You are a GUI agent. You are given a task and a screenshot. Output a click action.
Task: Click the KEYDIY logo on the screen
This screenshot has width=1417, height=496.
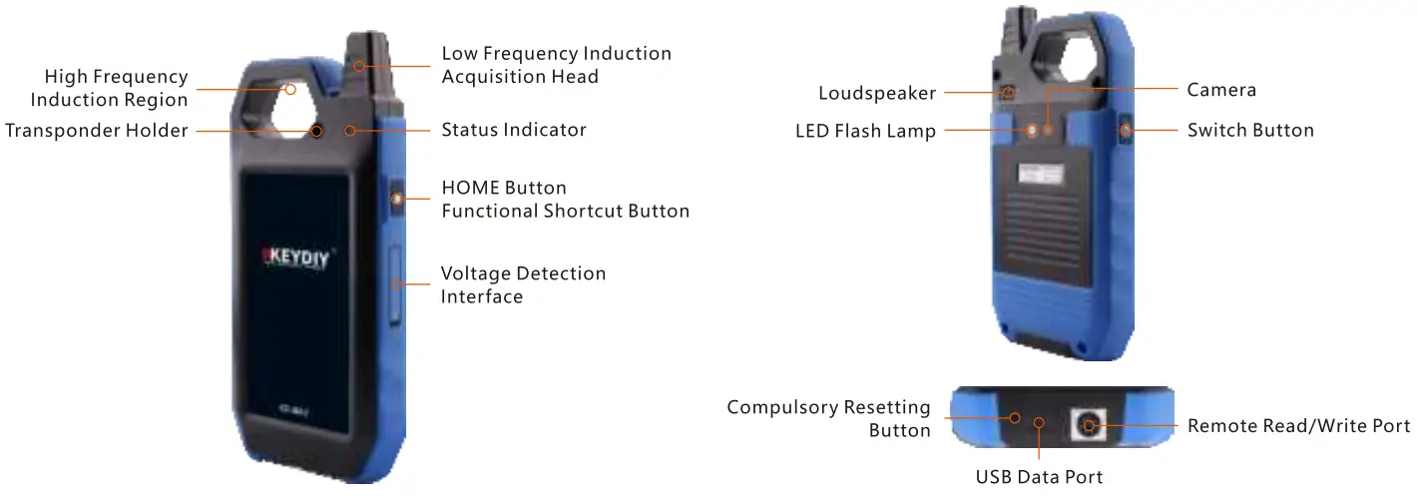click(x=296, y=254)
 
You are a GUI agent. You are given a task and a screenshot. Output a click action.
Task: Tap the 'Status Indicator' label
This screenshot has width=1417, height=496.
click(x=514, y=130)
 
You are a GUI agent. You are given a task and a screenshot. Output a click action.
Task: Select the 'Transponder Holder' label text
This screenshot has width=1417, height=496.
click(x=97, y=131)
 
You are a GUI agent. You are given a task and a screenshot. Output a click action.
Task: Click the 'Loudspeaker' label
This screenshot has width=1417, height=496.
click(x=877, y=93)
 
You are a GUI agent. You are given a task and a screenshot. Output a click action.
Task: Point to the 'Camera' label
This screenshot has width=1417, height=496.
click(x=1221, y=90)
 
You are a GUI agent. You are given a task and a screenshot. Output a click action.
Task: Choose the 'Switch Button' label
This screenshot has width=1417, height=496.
click(x=1250, y=130)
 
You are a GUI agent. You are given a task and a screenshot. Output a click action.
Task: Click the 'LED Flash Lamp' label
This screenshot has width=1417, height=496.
click(x=865, y=131)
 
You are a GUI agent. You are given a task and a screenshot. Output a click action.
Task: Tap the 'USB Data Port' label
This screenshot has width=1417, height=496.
click(x=1039, y=477)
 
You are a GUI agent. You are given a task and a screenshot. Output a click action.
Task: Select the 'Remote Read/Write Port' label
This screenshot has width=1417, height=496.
click(x=1298, y=426)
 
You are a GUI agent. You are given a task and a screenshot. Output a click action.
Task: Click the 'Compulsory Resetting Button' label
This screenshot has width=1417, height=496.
click(x=828, y=418)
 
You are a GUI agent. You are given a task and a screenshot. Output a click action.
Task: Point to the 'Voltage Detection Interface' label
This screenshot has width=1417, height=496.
click(x=523, y=284)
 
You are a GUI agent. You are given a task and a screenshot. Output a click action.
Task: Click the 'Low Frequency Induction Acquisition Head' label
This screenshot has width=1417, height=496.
click(x=556, y=64)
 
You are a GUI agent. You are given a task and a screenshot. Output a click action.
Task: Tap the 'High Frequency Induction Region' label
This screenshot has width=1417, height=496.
click(x=109, y=88)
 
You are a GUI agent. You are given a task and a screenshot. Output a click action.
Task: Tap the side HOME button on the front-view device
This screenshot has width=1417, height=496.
click(x=396, y=199)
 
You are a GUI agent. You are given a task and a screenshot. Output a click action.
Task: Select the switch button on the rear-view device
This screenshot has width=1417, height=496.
click(x=1126, y=130)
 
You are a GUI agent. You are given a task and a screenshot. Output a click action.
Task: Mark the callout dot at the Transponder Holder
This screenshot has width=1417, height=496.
click(x=315, y=131)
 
